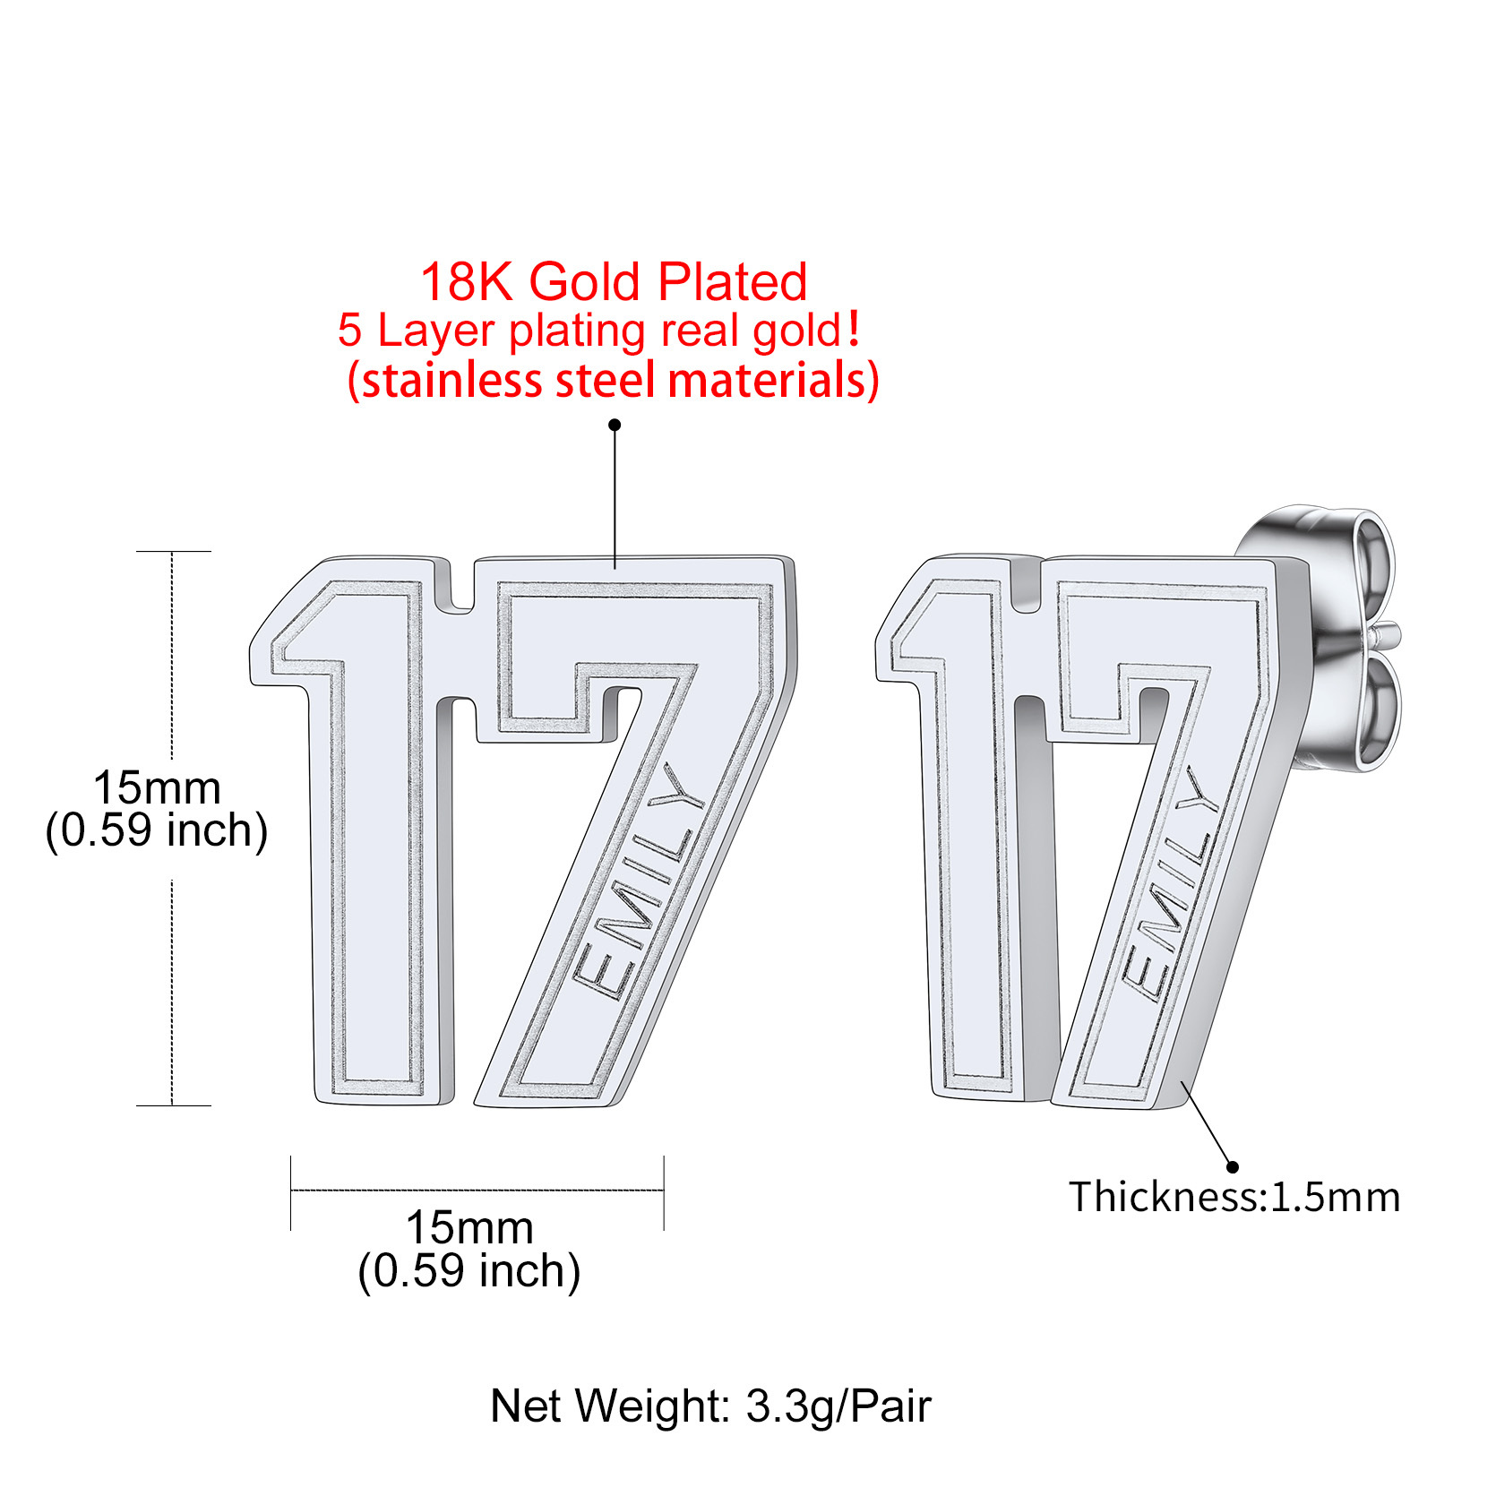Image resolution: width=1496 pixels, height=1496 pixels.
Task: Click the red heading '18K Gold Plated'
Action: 614,281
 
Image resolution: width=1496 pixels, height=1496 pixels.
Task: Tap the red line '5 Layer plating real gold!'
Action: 599,330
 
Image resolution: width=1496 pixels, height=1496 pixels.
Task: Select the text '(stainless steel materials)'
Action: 613,381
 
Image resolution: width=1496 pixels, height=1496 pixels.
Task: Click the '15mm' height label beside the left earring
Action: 157,788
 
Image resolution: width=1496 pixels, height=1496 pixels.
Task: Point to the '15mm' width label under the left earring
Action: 469,1227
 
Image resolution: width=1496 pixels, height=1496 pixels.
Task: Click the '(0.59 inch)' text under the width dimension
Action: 469,1271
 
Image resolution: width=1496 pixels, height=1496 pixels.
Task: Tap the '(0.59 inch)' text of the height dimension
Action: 157,830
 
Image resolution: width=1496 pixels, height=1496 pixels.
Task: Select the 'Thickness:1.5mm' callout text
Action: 1234,1198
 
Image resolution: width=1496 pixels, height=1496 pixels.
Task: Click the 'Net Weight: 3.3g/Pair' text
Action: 710,1406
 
